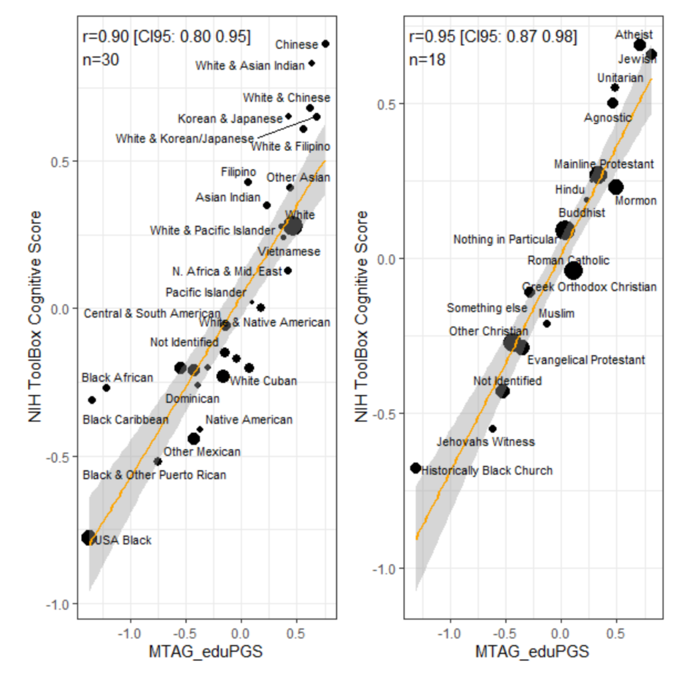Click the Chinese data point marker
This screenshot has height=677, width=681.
(325, 44)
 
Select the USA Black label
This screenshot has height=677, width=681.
(124, 540)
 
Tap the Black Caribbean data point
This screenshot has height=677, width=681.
(92, 400)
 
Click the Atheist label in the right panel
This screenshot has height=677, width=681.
(634, 34)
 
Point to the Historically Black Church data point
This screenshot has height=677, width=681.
(416, 468)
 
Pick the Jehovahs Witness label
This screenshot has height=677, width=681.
(485, 442)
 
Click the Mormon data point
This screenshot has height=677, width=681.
(616, 187)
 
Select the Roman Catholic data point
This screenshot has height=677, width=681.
(573, 270)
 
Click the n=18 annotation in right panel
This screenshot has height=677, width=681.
(427, 59)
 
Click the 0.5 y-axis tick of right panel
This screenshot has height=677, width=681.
(387, 104)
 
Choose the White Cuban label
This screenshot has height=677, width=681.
(263, 381)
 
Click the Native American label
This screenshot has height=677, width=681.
(249, 420)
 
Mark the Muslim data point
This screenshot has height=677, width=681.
(547, 323)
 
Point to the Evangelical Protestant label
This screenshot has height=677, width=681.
(586, 360)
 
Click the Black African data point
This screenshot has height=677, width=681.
(106, 388)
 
